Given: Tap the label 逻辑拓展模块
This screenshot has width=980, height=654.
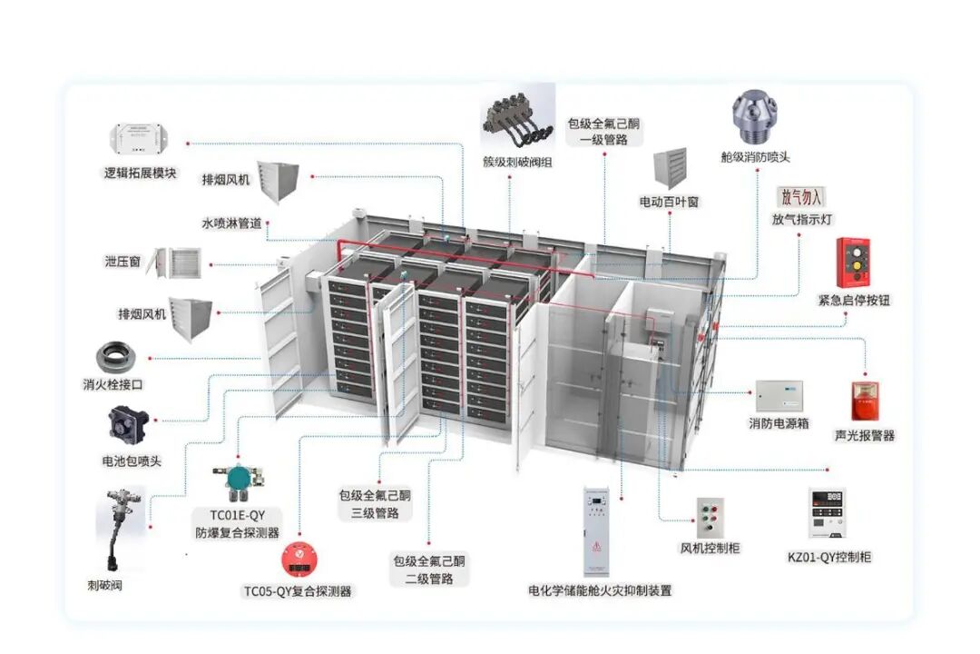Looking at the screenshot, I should [140, 173].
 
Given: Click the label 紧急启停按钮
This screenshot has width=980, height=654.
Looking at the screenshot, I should [853, 300].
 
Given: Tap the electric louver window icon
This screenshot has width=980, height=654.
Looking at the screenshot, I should [670, 169].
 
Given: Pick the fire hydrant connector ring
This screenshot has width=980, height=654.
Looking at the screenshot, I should [124, 356].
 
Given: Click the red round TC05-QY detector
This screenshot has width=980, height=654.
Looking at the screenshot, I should [297, 558].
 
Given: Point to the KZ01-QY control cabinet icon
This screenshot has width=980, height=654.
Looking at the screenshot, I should [829, 514].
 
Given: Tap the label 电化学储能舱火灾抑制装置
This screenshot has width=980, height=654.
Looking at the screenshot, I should [600, 590].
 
